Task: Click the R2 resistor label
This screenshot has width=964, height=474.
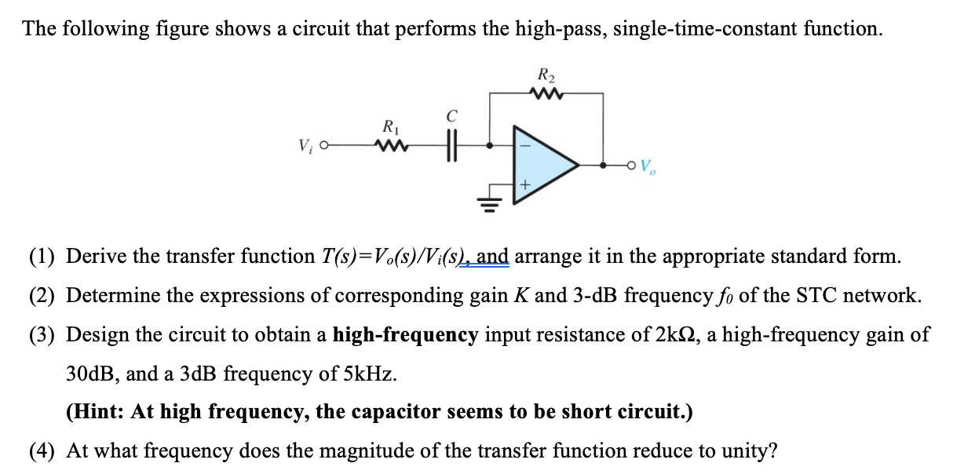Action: click(x=546, y=76)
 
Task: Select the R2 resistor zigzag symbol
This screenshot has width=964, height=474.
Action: click(x=546, y=93)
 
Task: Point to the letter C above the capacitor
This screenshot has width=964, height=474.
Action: click(x=451, y=117)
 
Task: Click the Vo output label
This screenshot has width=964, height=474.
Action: click(x=648, y=166)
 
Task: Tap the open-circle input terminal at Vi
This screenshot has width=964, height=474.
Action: click(x=324, y=146)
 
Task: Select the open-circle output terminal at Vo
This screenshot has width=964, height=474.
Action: click(x=631, y=166)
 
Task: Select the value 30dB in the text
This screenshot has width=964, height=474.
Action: click(x=92, y=374)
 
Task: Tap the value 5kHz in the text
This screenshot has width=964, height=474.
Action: click(x=365, y=374)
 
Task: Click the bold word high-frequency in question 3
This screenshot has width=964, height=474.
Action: click(x=405, y=335)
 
